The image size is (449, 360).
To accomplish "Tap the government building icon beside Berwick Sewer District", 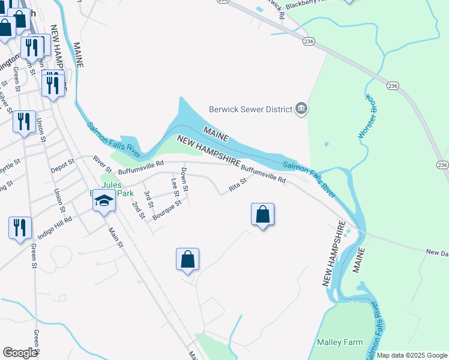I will point(301,109).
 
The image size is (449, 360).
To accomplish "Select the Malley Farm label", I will point(340,343).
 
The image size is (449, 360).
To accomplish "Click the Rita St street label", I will point(238,186).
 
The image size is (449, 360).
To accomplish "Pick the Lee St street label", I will point(175,187).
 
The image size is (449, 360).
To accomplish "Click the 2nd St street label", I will point(139,210).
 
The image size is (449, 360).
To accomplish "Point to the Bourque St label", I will point(167,211).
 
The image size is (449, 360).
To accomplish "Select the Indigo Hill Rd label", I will point(55,224).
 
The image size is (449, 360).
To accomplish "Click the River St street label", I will point(99,163).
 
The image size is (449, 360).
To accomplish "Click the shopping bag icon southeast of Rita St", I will point(262,214).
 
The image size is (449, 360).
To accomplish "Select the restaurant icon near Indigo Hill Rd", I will point(20,228).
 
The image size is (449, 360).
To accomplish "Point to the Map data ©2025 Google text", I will point(412,355).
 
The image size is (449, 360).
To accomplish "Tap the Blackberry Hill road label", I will point(310,3).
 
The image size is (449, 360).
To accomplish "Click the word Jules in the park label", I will point(111,184).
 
